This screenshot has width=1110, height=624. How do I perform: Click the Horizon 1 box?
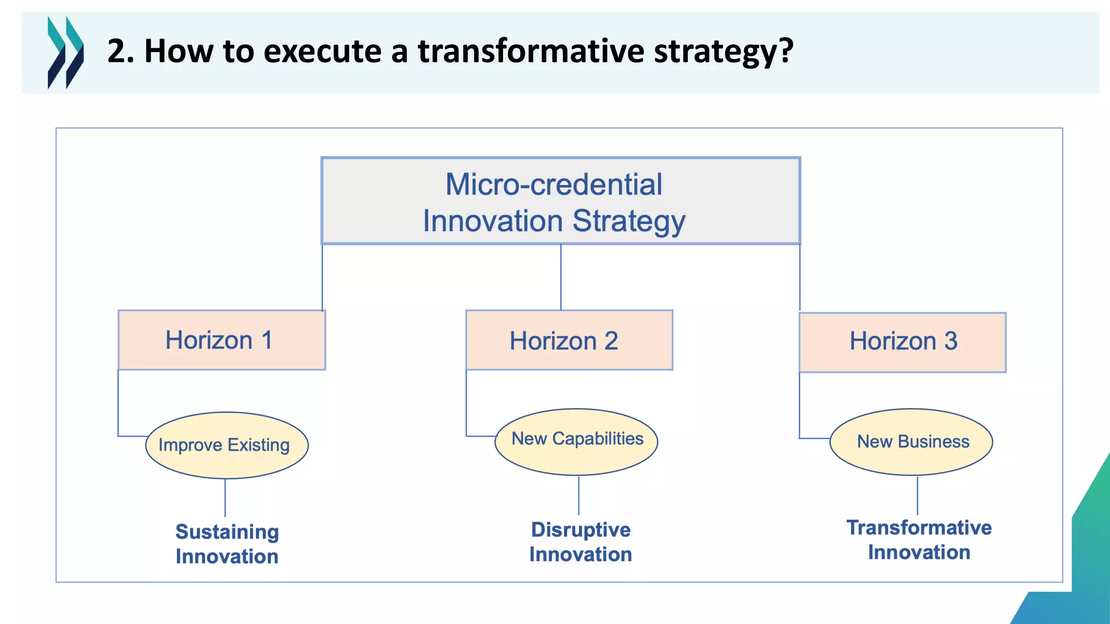pyautogui.click(x=222, y=340)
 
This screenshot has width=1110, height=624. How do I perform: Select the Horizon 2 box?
pyautogui.click(x=569, y=340)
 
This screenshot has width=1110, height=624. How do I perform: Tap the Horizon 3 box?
pyautogui.click(x=902, y=342)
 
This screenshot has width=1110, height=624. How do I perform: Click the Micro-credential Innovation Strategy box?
pyautogui.click(x=560, y=201)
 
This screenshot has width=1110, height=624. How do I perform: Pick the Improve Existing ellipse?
pyautogui.click(x=227, y=445)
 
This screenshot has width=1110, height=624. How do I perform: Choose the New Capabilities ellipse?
pyautogui.click(x=576, y=442)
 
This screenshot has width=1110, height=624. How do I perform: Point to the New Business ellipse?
pyautogui.click(x=911, y=442)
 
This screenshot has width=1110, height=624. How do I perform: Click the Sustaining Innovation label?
pyautogui.click(x=227, y=544)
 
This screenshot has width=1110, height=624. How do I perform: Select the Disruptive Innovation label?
pyautogui.click(x=580, y=542)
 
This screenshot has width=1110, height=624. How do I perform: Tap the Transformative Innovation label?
pyautogui.click(x=919, y=539)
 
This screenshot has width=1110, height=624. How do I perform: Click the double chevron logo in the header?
pyautogui.click(x=66, y=53)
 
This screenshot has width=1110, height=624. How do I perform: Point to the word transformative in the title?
pyautogui.click(x=531, y=51)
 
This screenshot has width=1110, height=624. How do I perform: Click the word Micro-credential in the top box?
pyautogui.click(x=553, y=184)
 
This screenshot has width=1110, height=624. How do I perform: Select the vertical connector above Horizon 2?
pyautogui.click(x=561, y=277)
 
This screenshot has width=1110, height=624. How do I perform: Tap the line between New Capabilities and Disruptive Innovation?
pyautogui.click(x=579, y=495)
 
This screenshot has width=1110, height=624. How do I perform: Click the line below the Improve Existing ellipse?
pyautogui.click(x=225, y=498)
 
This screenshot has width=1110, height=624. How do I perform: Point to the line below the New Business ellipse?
pyautogui.click(x=918, y=495)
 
